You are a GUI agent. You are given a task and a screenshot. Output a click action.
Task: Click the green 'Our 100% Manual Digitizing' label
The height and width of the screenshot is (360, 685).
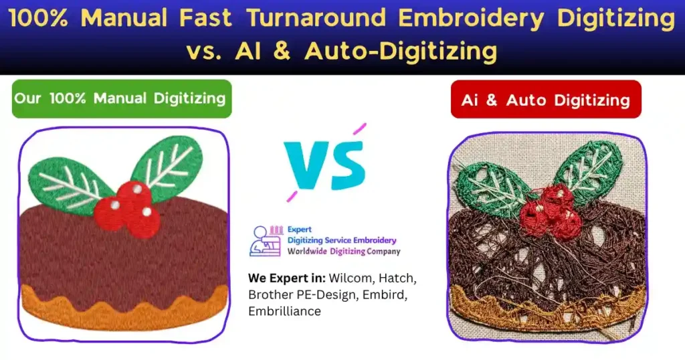120,98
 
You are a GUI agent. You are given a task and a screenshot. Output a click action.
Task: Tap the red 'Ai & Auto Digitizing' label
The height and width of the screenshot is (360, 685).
545,100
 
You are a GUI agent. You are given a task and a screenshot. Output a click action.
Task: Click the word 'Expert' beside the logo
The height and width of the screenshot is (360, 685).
301,230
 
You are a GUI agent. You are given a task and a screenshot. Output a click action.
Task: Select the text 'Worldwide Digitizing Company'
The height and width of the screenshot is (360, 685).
344,252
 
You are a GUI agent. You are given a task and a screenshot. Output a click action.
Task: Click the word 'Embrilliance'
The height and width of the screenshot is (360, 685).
284,311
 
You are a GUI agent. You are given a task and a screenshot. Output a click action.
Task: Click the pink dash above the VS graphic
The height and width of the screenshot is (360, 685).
360,128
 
